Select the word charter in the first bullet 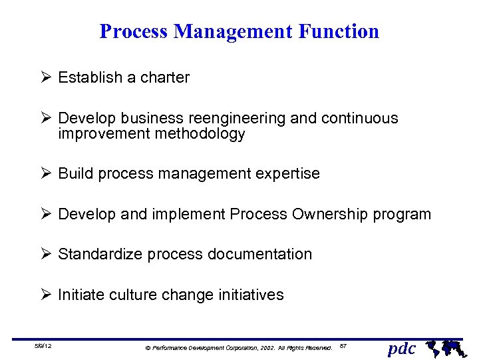(x=164, y=77)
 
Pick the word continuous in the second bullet (x=359, y=119)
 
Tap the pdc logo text (x=402, y=348)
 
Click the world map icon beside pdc (x=444, y=347)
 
